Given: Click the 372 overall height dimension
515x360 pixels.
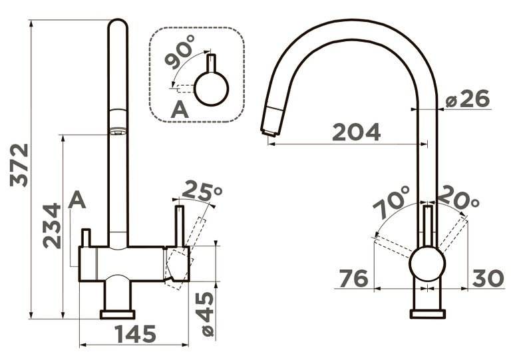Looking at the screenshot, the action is click(19, 165).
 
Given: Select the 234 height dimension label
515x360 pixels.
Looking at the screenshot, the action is click(52, 226).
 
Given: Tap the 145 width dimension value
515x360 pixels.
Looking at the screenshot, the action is click(136, 334).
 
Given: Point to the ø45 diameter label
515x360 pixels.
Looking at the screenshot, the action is click(207, 314).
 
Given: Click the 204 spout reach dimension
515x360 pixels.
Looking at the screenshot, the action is click(357, 132).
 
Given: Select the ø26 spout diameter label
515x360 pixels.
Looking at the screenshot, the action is click(468, 98).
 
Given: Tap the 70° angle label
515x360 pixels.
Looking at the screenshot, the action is click(391, 202).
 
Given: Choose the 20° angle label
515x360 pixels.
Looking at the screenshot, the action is click(458, 198).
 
